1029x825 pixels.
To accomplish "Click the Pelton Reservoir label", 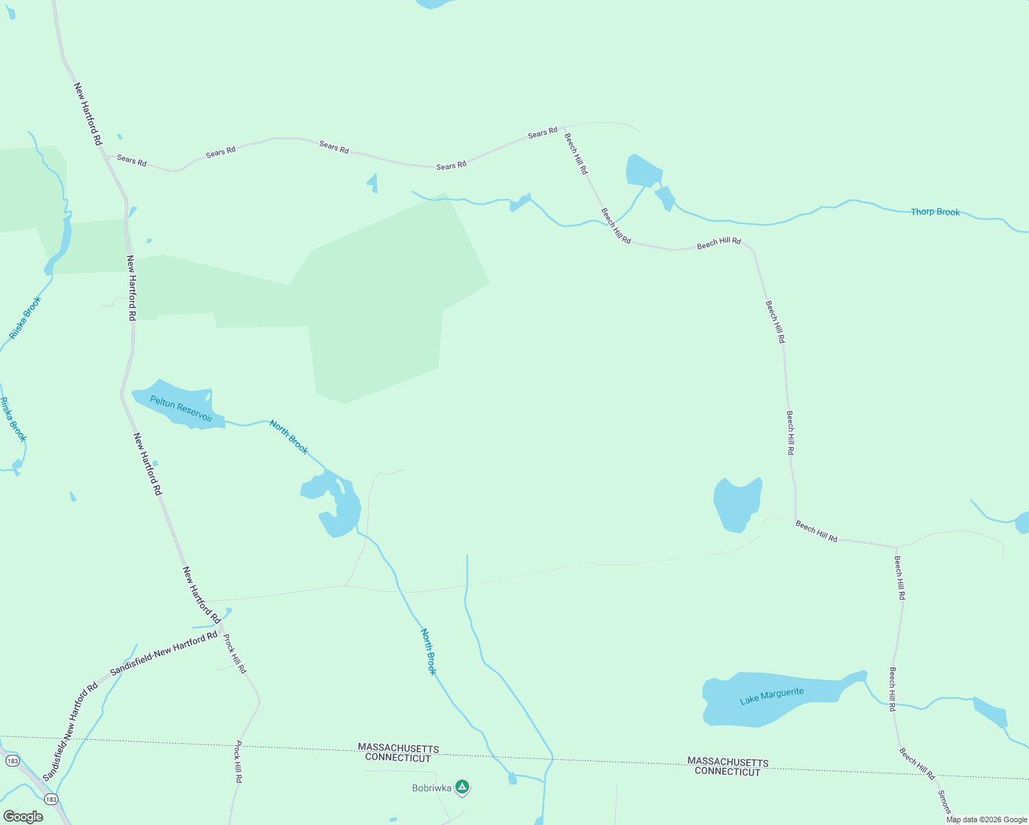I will [x=181, y=408].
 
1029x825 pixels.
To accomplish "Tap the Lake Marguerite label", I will [x=772, y=696].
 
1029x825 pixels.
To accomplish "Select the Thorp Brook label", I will [x=935, y=212].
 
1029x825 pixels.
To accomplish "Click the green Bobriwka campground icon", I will [x=463, y=786].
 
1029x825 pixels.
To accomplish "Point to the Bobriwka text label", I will [x=432, y=788].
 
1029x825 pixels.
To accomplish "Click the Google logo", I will [x=23, y=816].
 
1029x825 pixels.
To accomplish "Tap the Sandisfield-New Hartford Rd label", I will [x=164, y=652].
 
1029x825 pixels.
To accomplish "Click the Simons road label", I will [x=944, y=802].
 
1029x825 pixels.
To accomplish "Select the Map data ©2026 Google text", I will [x=986, y=819].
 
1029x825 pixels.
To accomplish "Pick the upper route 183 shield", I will [x=12, y=761].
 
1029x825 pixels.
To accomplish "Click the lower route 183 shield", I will [x=51, y=799].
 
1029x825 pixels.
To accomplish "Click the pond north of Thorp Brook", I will [x=644, y=170].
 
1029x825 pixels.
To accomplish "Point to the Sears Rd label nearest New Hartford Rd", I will [x=131, y=161].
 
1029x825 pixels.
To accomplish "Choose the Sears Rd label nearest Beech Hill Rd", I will [x=543, y=133].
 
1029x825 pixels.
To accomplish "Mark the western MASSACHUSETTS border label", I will [x=398, y=748].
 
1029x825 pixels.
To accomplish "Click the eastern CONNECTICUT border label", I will [x=727, y=771].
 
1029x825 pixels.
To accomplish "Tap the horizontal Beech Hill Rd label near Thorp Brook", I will [x=719, y=243].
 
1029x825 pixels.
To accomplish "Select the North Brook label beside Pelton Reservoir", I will [x=289, y=437].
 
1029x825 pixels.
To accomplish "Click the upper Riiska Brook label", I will [x=25, y=317].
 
